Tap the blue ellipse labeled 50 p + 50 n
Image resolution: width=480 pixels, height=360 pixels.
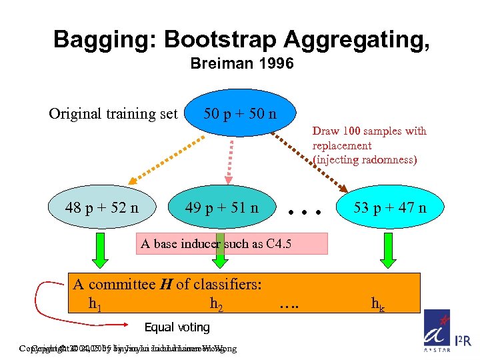tap(240, 113)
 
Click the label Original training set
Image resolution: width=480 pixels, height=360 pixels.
tap(113, 114)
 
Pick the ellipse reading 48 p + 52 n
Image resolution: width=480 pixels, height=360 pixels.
tap(102, 207)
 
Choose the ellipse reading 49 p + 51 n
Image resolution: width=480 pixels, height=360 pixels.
tap(222, 207)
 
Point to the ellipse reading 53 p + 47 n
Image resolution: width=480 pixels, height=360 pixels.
tap(390, 207)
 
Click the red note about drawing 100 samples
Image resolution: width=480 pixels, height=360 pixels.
tap(369, 145)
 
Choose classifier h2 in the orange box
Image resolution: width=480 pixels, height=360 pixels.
tap(217, 305)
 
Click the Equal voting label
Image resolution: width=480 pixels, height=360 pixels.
tap(177, 327)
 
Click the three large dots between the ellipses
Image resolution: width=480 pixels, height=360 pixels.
tap(305, 212)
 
